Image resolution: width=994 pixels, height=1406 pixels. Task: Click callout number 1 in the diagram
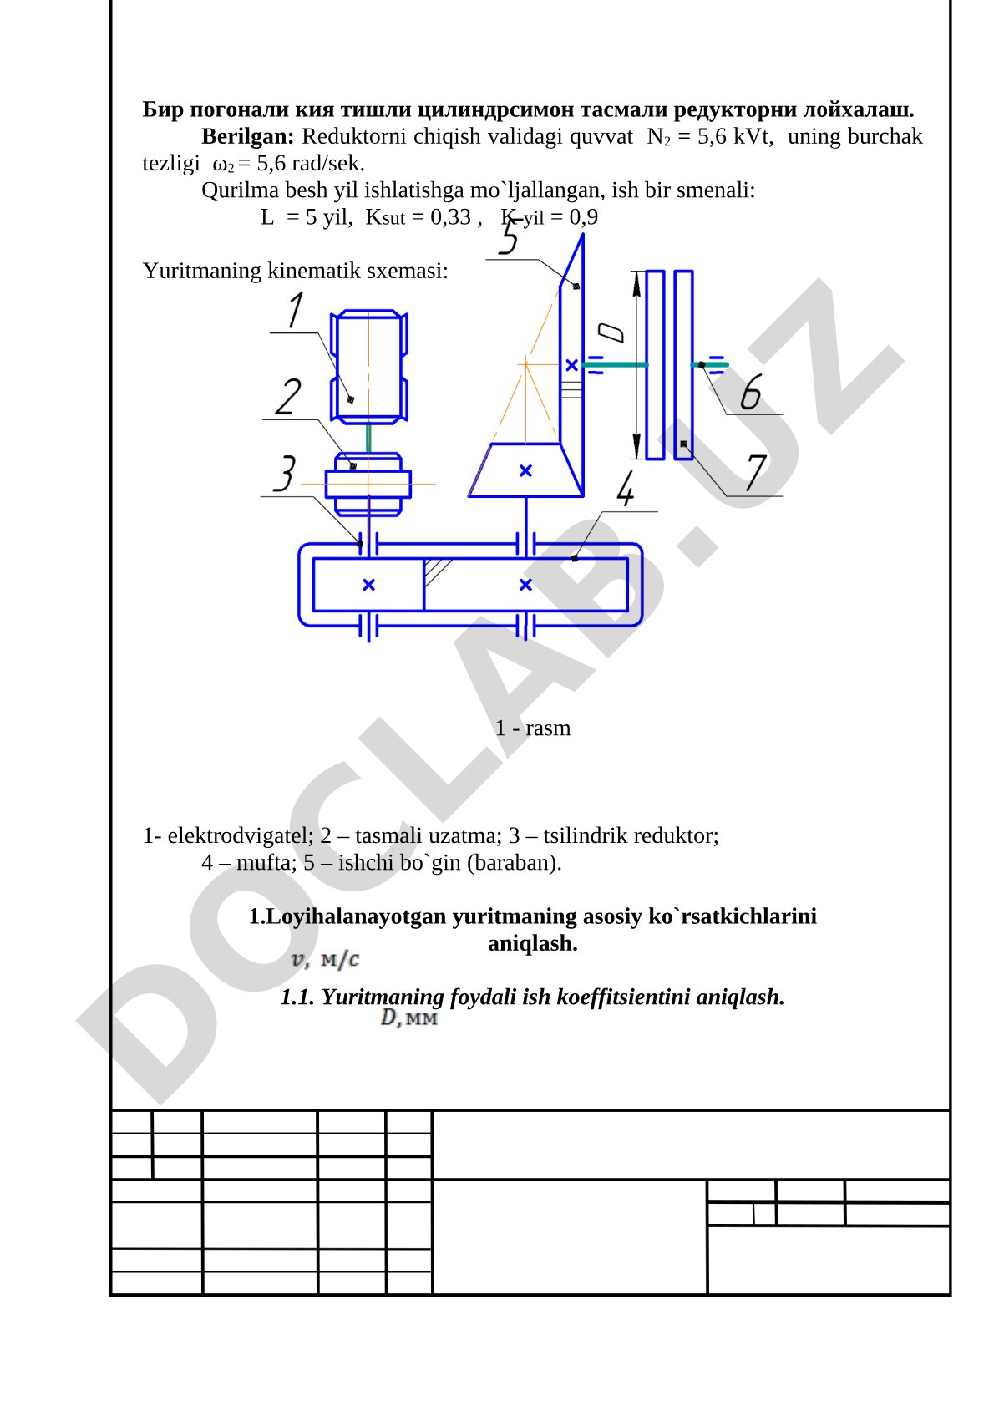coord(295,309)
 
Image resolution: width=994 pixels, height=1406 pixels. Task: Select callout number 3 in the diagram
coord(284,474)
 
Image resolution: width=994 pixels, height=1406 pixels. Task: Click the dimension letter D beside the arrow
coord(611,332)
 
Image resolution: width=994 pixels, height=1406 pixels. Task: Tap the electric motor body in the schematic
coord(369,368)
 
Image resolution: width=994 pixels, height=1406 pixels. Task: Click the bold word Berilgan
coord(248,136)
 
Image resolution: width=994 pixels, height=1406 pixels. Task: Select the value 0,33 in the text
coord(450,217)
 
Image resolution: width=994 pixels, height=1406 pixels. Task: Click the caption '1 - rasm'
coord(533,728)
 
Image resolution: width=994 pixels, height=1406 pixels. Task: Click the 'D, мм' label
coord(409,1018)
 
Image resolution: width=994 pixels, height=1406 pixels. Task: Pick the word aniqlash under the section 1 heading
coord(533,943)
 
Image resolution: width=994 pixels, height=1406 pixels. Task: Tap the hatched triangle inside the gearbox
coord(436,571)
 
